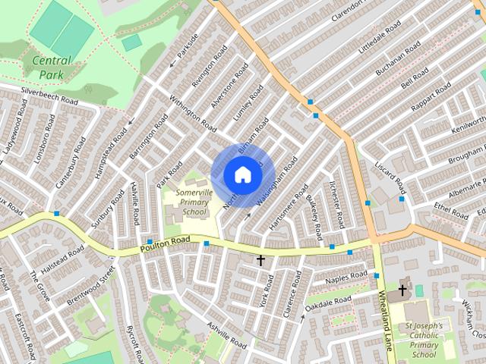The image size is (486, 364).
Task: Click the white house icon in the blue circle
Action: pyautogui.click(x=242, y=174)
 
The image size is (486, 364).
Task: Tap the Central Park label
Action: pyautogui.click(x=52, y=67)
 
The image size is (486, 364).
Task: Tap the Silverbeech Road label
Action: pyautogui.click(x=49, y=94)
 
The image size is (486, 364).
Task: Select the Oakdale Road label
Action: pyautogui.click(x=328, y=305)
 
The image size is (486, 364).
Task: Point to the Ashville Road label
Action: pyautogui.click(x=225, y=336)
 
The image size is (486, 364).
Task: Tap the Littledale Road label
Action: pyautogui.click(x=380, y=36)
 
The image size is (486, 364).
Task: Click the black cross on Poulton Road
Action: pyautogui.click(x=260, y=261)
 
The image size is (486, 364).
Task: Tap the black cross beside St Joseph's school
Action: pyautogui.click(x=402, y=290)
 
